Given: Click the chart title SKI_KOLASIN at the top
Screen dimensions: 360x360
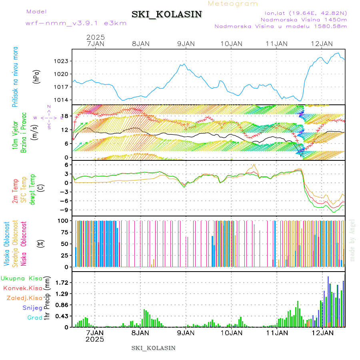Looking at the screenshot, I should click(x=166, y=14).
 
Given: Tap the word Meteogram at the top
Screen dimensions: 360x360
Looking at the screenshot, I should click(x=233, y=4).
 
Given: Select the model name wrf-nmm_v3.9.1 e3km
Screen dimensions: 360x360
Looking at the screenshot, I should click(x=76, y=23).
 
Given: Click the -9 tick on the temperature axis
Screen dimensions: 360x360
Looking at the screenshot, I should click(x=63, y=210).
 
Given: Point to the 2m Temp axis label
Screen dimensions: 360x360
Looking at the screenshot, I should click(x=15, y=191).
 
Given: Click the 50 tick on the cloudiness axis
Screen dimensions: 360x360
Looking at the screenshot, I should click(x=63, y=244).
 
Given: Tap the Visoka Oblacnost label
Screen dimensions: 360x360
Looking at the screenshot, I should click(x=7, y=244).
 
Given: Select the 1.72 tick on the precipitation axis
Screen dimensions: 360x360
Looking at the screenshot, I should click(x=61, y=282).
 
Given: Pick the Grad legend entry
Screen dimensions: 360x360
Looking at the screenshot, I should click(x=35, y=318).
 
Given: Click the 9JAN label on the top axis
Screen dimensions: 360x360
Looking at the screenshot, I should click(x=186, y=44).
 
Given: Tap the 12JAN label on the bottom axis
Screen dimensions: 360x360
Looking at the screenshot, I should click(x=322, y=333).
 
